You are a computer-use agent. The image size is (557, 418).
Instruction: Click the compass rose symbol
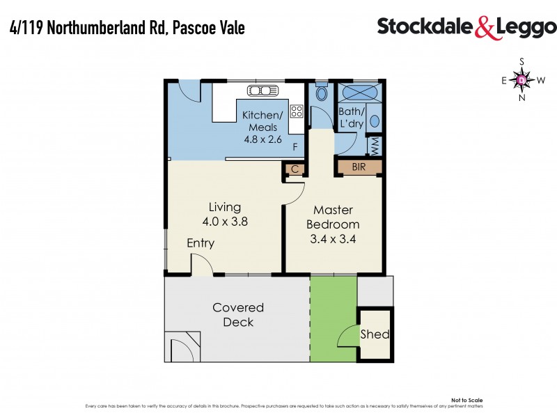[523, 79]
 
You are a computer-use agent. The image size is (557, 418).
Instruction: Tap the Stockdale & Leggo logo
[466, 27]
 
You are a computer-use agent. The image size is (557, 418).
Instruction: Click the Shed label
[375, 334]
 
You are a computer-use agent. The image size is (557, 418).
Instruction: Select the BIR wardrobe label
[359, 167]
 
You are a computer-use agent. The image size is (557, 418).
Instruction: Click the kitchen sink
[263, 90]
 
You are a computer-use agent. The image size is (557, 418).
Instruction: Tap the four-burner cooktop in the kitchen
[297, 110]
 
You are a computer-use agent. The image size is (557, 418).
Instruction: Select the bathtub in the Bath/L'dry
[359, 92]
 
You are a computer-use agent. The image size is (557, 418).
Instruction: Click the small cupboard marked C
[295, 169]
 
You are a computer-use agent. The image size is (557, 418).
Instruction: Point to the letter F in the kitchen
[295, 147]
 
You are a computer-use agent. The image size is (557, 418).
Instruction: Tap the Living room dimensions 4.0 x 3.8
[224, 222]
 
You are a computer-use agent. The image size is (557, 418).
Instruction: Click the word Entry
[201, 244]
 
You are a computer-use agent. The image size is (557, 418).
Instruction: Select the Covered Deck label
[238, 315]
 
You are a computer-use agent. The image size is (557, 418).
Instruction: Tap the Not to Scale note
[466, 400]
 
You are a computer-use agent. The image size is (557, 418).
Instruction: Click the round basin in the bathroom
[375, 120]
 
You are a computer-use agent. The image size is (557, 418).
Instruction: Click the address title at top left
[127, 28]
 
